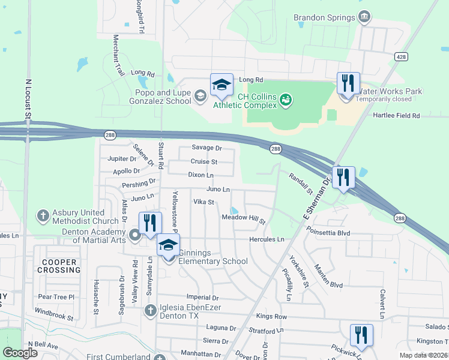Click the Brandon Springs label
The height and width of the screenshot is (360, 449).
pyautogui.click(x=324, y=17)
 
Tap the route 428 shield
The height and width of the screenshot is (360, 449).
pyautogui.click(x=401, y=56)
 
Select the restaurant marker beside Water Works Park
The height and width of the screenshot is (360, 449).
pyautogui.click(x=348, y=84)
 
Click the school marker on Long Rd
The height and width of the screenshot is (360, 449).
pyautogui.click(x=221, y=85)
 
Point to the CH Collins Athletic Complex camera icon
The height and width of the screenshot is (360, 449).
pyautogui.click(x=286, y=98)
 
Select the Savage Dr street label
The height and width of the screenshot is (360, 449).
pyautogui.click(x=206, y=148)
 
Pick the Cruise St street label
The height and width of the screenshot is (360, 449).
pyautogui.click(x=204, y=161)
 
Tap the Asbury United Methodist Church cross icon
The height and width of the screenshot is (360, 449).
pyautogui.click(x=43, y=215)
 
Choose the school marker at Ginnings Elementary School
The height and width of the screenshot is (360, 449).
pyautogui.click(x=169, y=246)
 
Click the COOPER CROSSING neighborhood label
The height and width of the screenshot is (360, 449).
pyautogui.click(x=58, y=266)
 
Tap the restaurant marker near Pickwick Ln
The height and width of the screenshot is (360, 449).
pyautogui.click(x=361, y=336)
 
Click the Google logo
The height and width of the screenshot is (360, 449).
pyautogui.click(x=20, y=353)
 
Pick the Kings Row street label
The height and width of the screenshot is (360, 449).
pyautogui.click(x=271, y=316)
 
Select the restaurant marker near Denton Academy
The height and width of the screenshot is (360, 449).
pyautogui.click(x=150, y=224)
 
